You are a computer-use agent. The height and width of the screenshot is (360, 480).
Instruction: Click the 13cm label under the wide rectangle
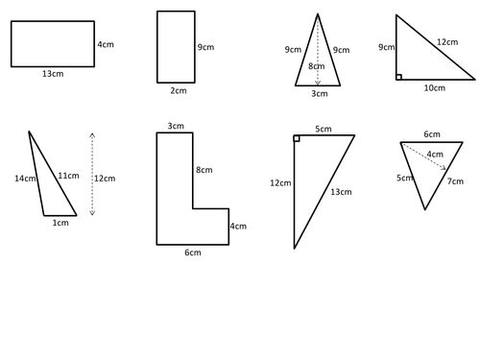53,74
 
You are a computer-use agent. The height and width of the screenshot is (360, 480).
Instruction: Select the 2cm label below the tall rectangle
179,91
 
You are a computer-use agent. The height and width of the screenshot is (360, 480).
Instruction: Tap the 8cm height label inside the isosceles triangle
317,66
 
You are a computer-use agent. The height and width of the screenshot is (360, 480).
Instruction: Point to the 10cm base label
435,88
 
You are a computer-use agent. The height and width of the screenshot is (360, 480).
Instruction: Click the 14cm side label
25,179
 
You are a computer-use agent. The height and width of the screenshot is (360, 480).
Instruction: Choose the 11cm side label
68,176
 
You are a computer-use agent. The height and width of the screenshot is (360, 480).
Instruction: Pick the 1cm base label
60,223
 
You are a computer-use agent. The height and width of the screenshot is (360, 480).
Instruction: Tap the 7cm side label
455,181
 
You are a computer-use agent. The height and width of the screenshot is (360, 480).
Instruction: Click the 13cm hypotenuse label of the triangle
341,192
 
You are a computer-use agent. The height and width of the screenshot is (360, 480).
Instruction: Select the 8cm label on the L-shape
204,170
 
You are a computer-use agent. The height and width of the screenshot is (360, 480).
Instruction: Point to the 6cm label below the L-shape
193,252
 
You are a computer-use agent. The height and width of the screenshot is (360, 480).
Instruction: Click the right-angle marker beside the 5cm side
297,138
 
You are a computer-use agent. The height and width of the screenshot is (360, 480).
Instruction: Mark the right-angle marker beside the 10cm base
398,77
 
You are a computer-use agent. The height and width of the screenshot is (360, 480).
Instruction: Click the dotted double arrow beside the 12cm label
92,174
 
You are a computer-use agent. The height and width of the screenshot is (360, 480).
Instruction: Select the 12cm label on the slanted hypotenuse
447,42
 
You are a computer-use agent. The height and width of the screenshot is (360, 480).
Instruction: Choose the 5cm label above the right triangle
324,129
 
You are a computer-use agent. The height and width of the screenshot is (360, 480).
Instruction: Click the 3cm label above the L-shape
176,126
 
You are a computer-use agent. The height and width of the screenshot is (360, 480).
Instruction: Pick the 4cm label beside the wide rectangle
106,44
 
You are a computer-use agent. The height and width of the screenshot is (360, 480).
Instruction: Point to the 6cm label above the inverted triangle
432,134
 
